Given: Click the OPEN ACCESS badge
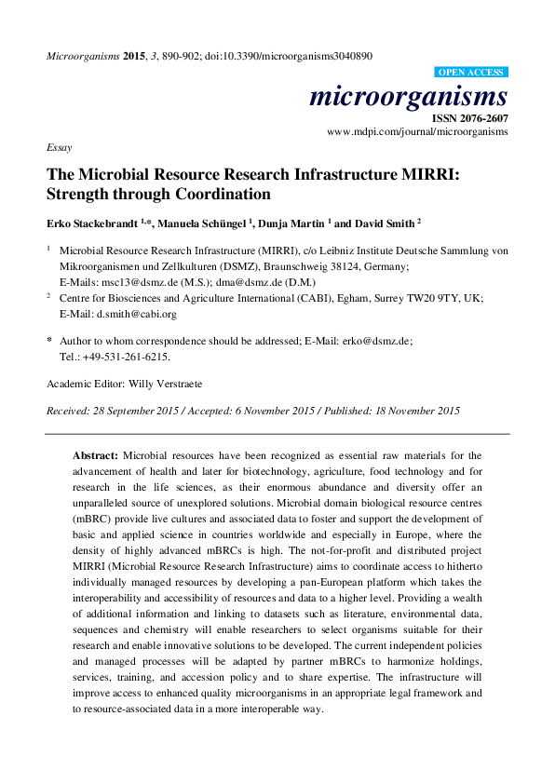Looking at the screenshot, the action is click(x=472, y=72).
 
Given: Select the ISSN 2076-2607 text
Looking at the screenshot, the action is click(x=468, y=118).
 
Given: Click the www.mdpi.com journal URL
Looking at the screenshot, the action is click(x=417, y=132).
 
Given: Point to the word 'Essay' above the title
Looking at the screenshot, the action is click(x=59, y=148).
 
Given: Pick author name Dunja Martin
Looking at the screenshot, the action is click(x=291, y=223).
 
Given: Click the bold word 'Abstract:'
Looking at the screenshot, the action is click(x=95, y=455).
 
